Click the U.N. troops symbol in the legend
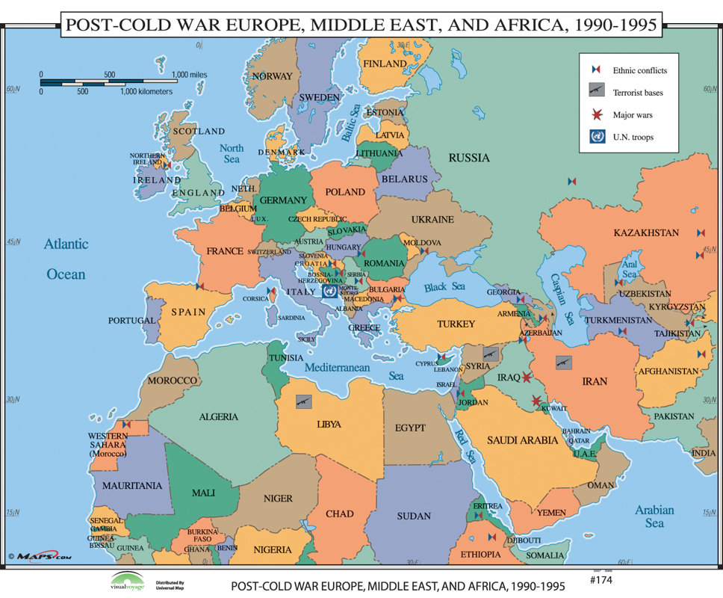(x=597, y=137)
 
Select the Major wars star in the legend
(x=597, y=115)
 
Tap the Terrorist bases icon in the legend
(x=597, y=93)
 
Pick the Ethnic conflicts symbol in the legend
(x=597, y=70)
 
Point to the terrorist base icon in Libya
(x=303, y=401)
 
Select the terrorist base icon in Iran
(x=564, y=362)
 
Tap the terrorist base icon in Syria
(x=491, y=353)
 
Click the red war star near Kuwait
(x=536, y=402)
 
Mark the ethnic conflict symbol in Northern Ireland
(x=167, y=165)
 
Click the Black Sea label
(x=444, y=287)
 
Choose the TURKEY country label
(x=456, y=324)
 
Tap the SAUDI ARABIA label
(x=523, y=440)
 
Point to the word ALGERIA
(x=218, y=416)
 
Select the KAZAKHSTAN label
(x=646, y=232)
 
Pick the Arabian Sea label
(x=654, y=517)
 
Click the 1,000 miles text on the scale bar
(x=190, y=75)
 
